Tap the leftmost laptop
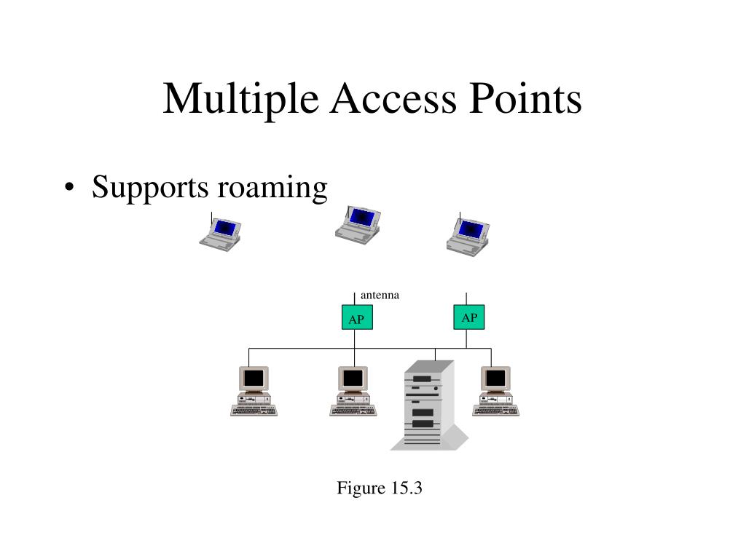[220, 233]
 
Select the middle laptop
[358, 224]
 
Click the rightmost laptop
[468, 234]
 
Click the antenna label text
[380, 295]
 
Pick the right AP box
[469, 317]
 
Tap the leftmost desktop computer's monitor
[254, 378]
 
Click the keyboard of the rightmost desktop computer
[495, 411]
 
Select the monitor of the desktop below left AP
[353, 378]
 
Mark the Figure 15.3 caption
[379, 488]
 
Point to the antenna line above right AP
[466, 298]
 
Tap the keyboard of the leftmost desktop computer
[254, 411]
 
